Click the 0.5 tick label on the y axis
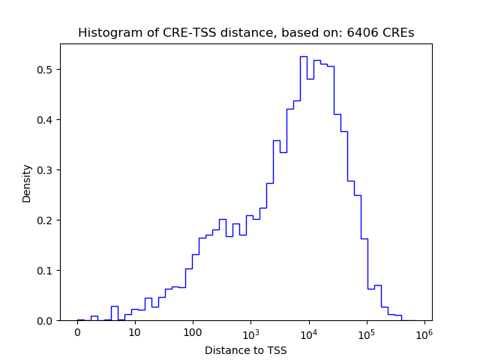[x=46, y=70]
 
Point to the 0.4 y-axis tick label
[x=46, y=120]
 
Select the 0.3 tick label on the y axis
[x=46, y=170]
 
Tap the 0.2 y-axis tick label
[x=46, y=220]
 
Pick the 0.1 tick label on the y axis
[x=46, y=271]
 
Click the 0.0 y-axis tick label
[x=46, y=321]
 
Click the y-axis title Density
[x=27, y=183]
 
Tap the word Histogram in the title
[x=106, y=33]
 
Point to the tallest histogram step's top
[x=304, y=56]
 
